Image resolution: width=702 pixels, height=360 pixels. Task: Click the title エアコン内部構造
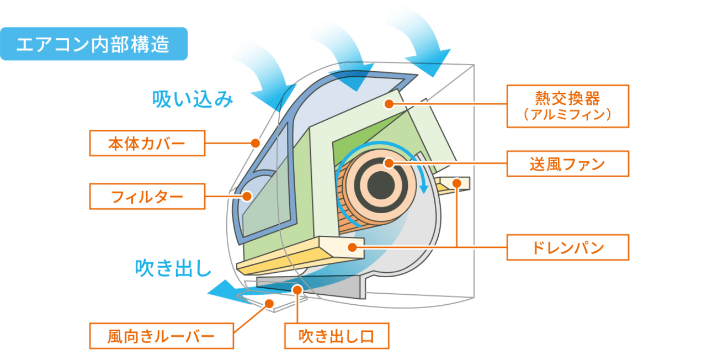(x=93, y=44)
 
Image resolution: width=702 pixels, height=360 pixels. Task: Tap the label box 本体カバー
(x=147, y=144)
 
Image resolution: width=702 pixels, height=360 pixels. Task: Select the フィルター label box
(x=147, y=196)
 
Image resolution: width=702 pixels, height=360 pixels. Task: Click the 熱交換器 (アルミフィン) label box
(x=567, y=106)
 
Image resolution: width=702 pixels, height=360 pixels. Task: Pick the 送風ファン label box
(x=567, y=163)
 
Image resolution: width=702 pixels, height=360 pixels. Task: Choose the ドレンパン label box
(x=567, y=247)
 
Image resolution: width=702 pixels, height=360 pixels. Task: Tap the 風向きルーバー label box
(x=161, y=336)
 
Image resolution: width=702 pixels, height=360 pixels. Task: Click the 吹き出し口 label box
(x=336, y=336)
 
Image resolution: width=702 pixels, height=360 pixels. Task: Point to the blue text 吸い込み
(x=193, y=99)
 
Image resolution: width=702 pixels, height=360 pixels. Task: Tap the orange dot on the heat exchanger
(x=389, y=103)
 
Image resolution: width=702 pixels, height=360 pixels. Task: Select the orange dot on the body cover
(x=255, y=143)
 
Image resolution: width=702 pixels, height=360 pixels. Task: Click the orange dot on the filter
(x=247, y=195)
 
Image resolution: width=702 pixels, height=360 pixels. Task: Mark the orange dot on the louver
(x=269, y=303)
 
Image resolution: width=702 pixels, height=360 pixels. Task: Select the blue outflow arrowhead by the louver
(x=221, y=290)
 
